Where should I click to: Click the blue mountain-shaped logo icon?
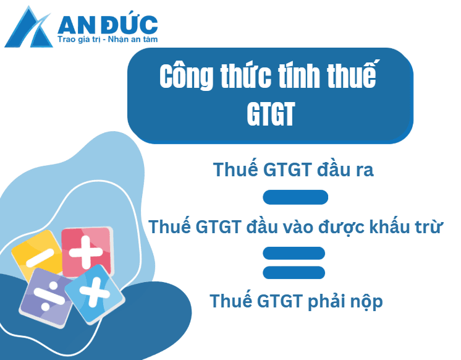[30, 28]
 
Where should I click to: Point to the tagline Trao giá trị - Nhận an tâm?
[108, 40]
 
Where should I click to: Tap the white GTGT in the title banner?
[269, 114]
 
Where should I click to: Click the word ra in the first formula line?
[363, 169]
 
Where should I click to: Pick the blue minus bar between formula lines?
[295, 197]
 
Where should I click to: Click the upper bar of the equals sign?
[294, 253]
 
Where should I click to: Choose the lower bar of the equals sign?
[294, 272]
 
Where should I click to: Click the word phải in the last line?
[328, 301]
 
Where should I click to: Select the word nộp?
[367, 301]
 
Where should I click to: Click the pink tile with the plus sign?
[87, 251]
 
